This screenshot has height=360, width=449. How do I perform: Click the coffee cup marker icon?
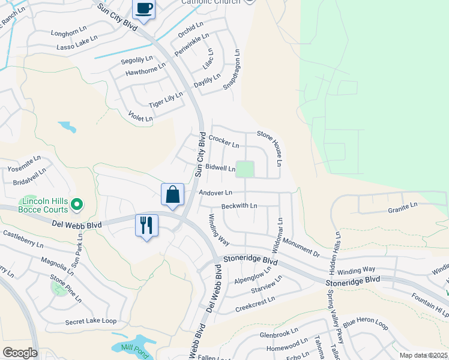144,9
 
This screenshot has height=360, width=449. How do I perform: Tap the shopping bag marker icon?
172,194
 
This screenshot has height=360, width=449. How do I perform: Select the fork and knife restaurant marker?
146,226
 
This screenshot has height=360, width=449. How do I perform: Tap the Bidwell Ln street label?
220,167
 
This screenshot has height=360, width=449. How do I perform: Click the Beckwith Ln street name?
239,206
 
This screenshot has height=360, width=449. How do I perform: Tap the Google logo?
20,353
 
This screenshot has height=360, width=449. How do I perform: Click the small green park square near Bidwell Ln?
244,169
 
